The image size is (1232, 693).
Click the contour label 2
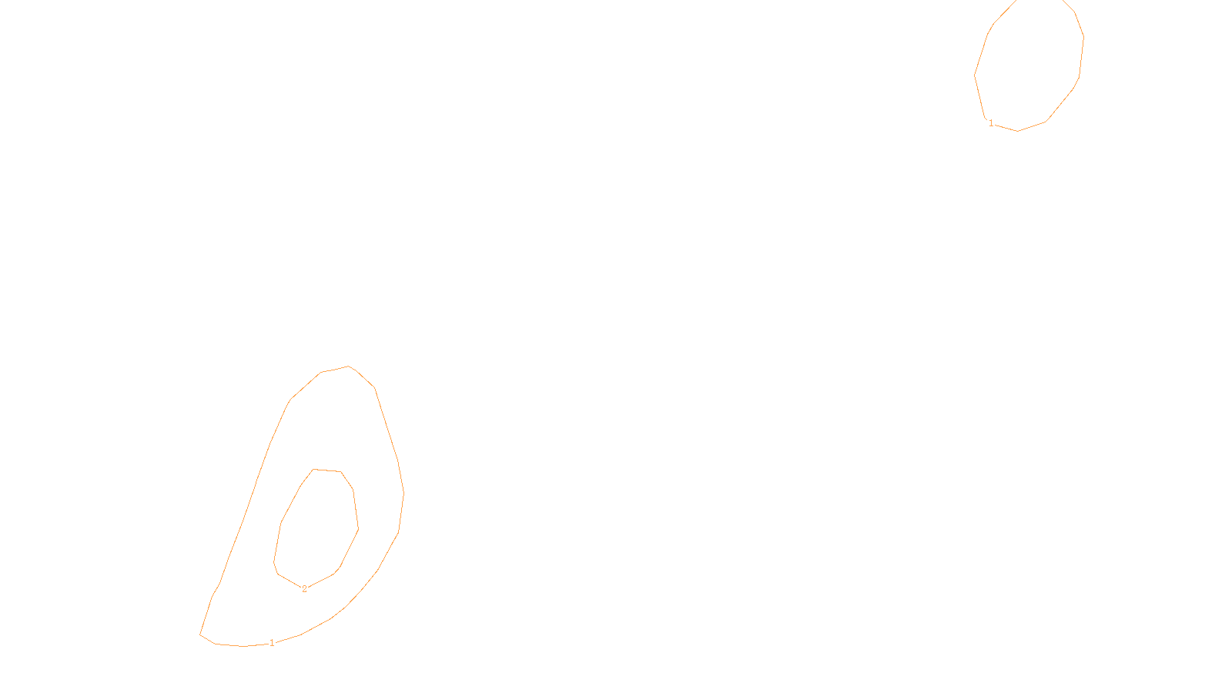304,589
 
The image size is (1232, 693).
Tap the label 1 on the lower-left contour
272,643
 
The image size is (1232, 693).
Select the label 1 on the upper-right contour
991,123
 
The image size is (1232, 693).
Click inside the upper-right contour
1028,65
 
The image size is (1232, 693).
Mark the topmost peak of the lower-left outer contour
348,367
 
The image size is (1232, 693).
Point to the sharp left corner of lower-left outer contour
200,634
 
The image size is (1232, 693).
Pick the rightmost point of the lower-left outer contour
403,493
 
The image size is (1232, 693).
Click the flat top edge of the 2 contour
327,470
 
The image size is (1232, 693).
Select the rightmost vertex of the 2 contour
358,529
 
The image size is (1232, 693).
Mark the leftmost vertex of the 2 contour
274,562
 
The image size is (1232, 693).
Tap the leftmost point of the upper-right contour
975,75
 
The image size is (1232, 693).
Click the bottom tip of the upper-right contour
1017,131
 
